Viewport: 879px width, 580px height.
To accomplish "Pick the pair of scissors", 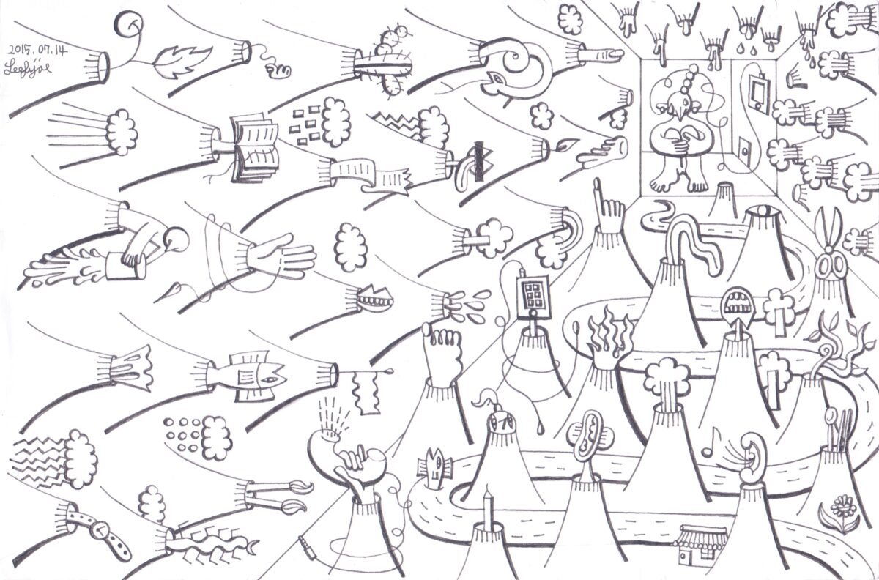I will [829, 249].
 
